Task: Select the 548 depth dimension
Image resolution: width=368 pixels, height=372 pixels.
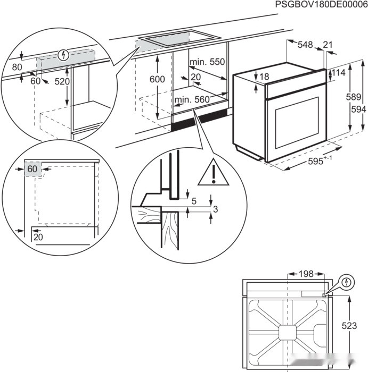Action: pos(305,46)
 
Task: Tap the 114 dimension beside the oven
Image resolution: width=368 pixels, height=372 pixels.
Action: pos(339,72)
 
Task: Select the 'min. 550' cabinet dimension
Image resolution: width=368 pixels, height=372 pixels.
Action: pos(208,62)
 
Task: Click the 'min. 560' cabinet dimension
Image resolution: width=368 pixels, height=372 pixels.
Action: pos(192,99)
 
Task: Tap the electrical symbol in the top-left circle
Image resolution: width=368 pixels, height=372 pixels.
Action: pos(63,54)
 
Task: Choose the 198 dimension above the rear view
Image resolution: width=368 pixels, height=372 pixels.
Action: pos(306,274)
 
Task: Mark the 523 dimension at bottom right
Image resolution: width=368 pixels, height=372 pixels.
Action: pos(349,326)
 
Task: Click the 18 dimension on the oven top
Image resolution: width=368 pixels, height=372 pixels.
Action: pos(264,77)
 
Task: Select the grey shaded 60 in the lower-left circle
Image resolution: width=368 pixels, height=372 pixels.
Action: pos(32,169)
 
